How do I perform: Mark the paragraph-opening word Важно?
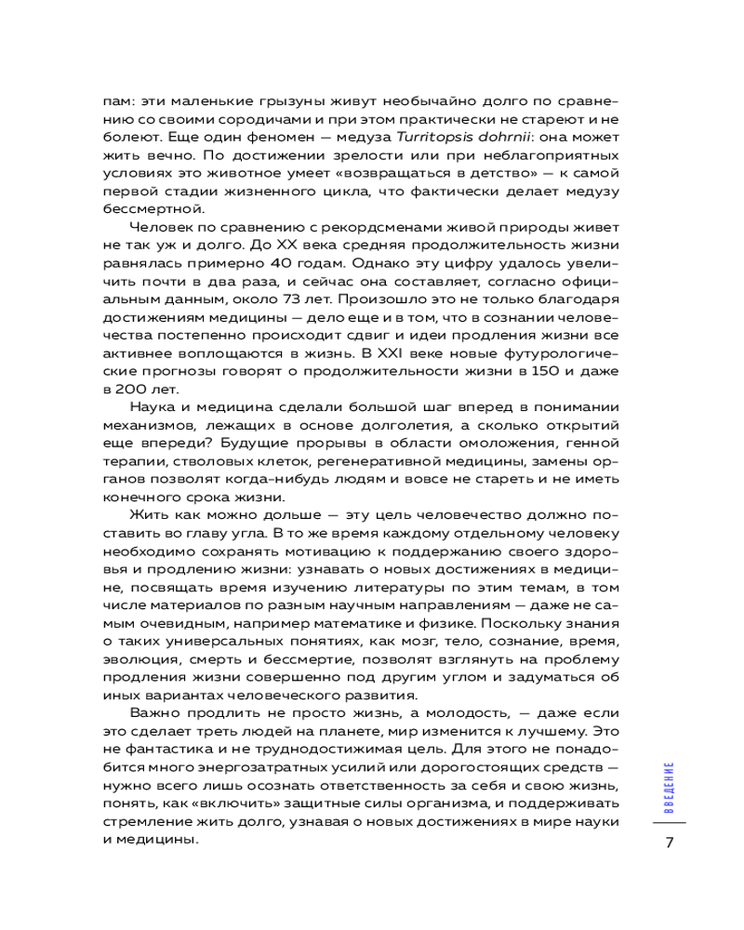pyautogui.click(x=156, y=715)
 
